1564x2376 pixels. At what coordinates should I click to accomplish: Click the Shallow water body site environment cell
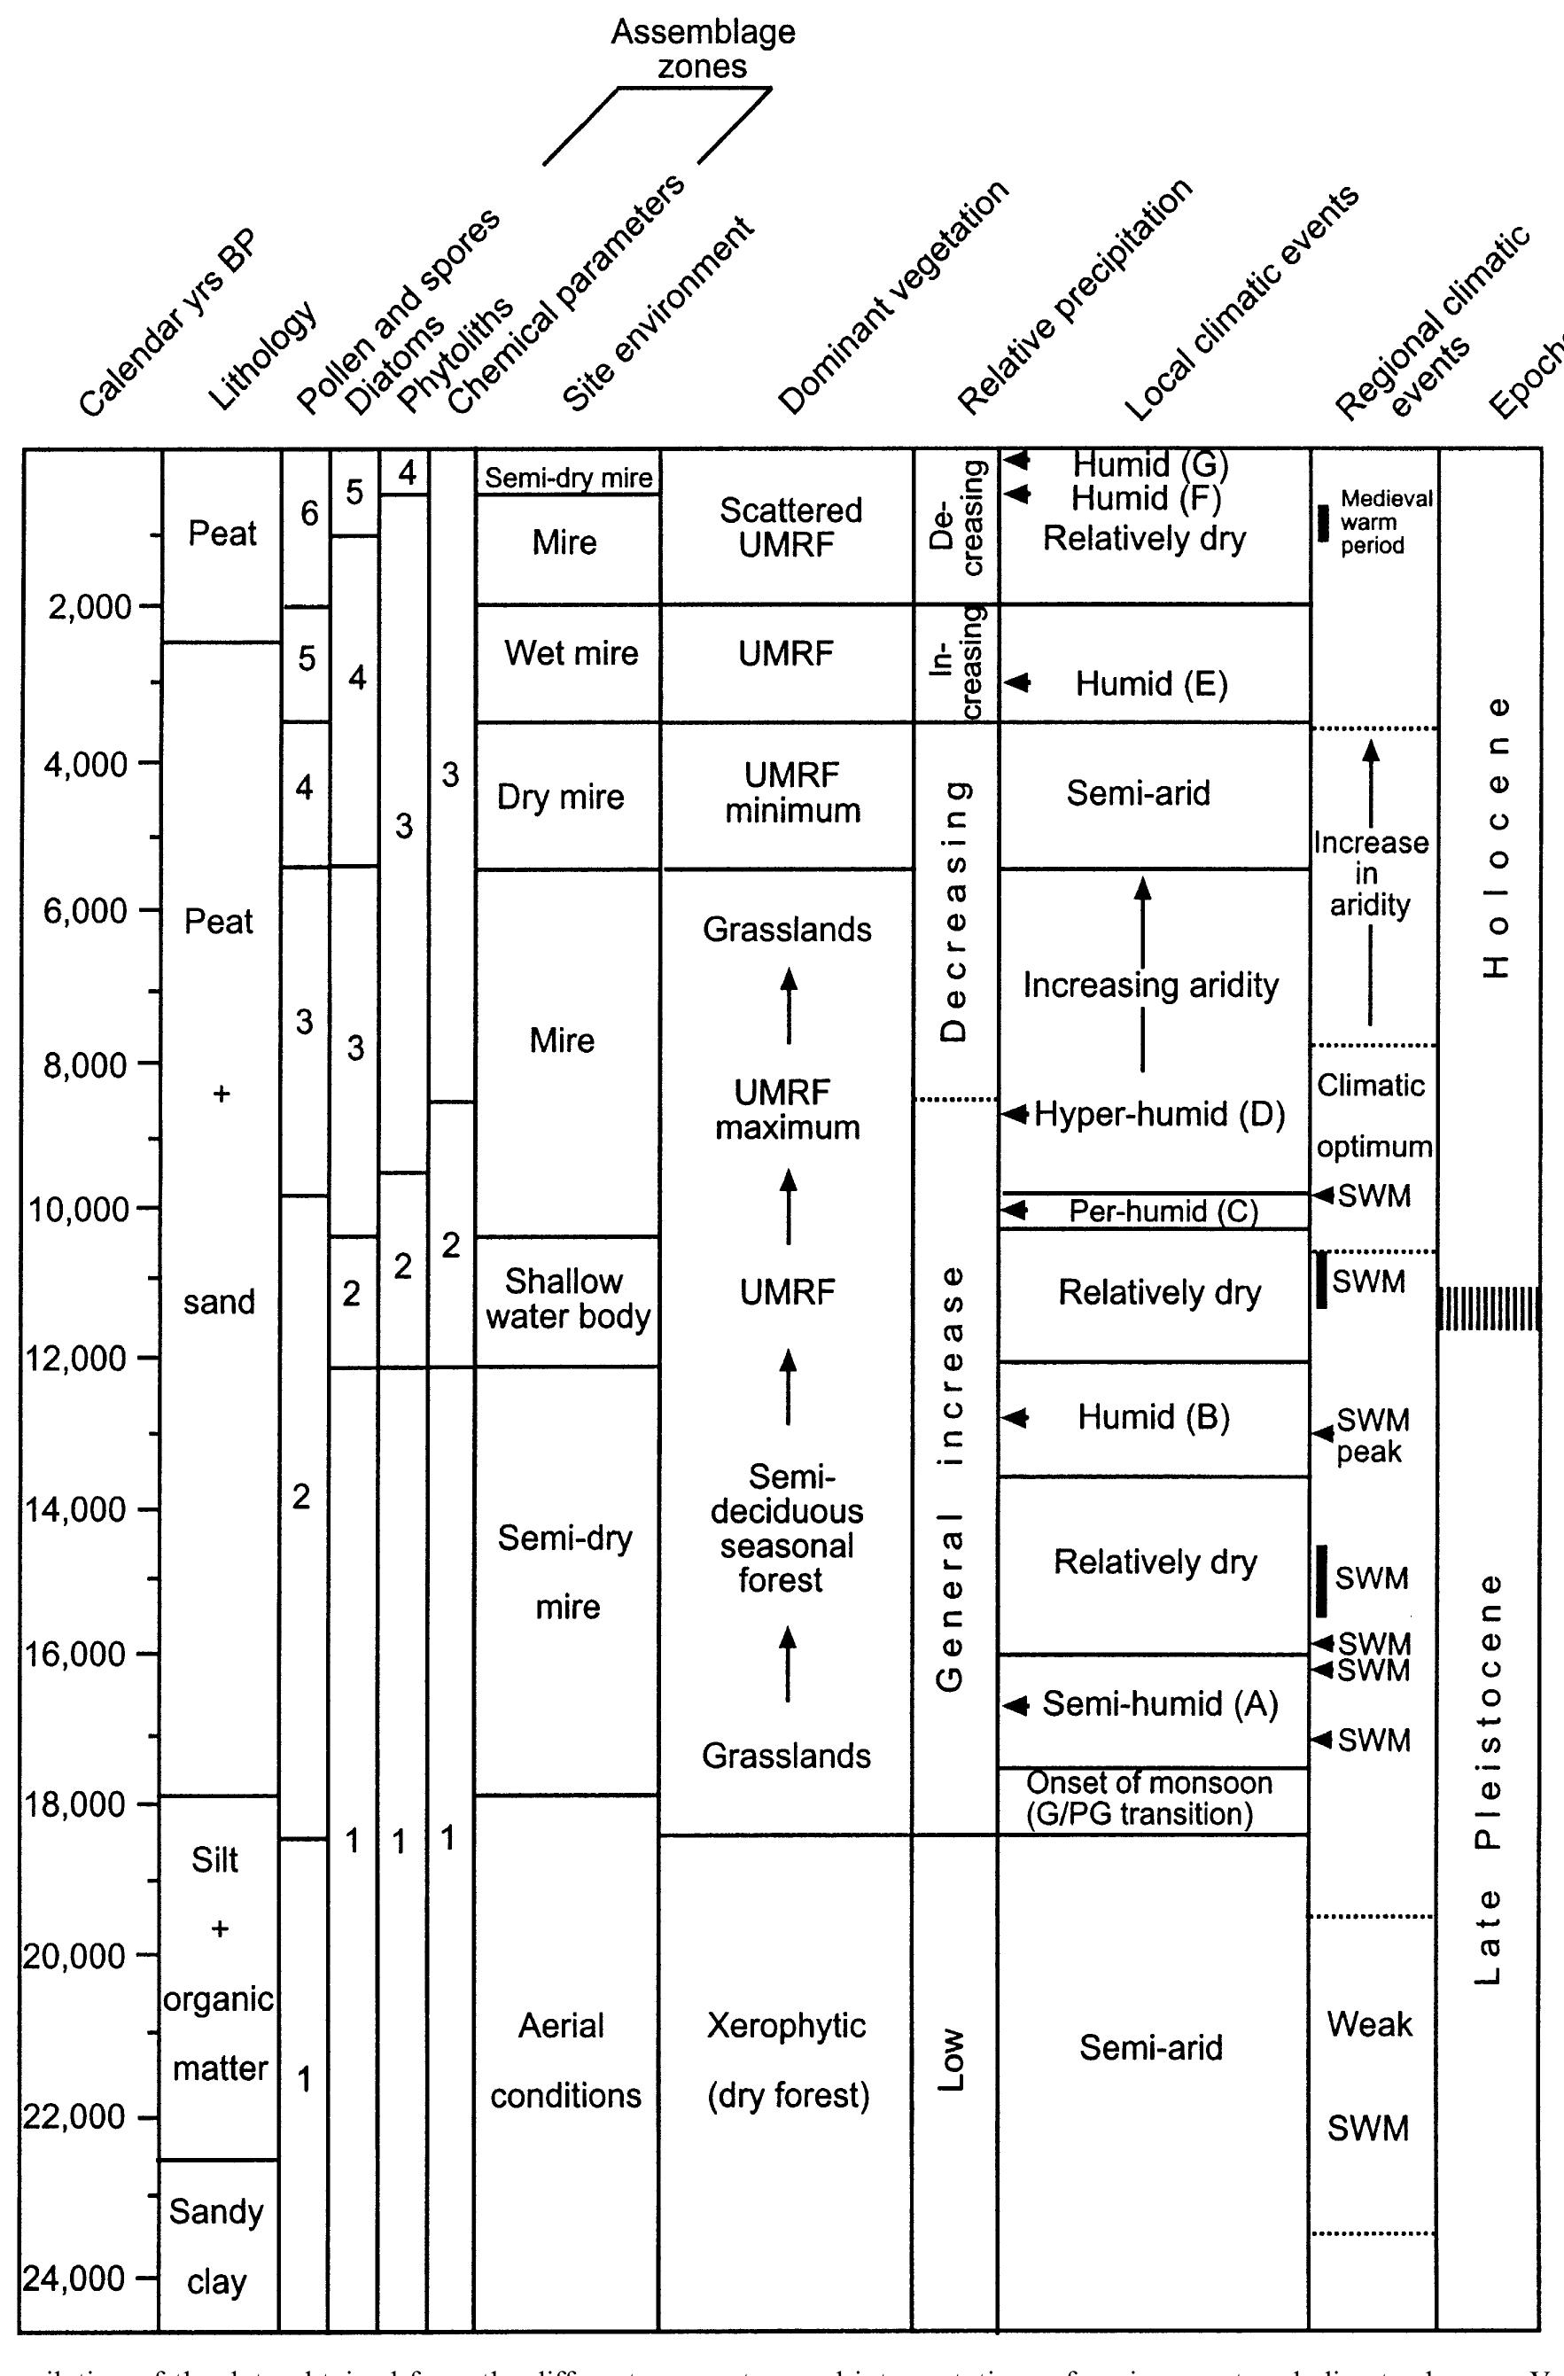coord(566,1300)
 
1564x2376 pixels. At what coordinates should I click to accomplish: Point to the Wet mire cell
coord(570,654)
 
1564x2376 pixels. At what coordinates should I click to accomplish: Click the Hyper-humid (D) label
coord(1159,1114)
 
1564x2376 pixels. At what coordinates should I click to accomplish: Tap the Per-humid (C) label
coord(1163,1212)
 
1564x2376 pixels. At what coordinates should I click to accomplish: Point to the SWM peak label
coord(1373,1436)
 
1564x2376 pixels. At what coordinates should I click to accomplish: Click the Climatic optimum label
coord(1373,1116)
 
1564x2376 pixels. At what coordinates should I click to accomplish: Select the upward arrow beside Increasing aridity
coord(1143,973)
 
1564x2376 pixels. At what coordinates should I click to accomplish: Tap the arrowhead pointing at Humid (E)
coord(1016,684)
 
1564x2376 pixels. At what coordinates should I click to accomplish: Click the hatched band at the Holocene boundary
coord(1487,1309)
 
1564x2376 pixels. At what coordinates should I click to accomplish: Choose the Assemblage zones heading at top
coord(703,49)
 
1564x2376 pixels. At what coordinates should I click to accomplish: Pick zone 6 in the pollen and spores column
coord(308,514)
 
